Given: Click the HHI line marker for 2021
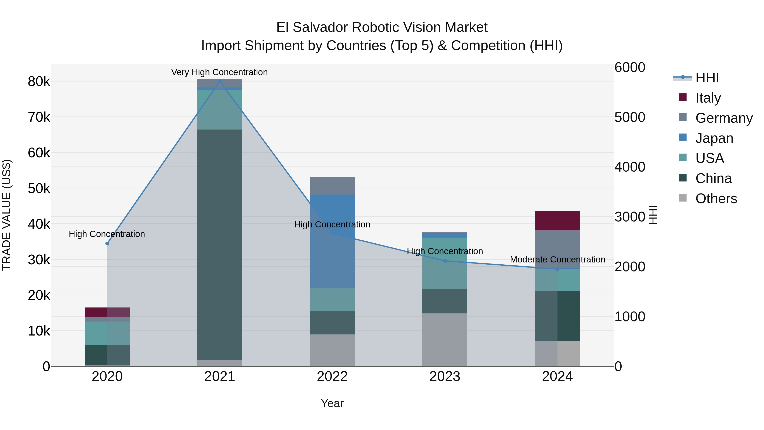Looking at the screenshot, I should pyautogui.click(x=220, y=81).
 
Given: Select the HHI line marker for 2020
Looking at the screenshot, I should pyautogui.click(x=107, y=243).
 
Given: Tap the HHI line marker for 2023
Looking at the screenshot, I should pyautogui.click(x=445, y=261).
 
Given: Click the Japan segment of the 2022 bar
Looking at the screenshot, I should pyautogui.click(x=332, y=241).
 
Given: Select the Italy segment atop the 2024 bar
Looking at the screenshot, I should pyautogui.click(x=557, y=221).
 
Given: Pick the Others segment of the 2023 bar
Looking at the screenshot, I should pyautogui.click(x=445, y=340).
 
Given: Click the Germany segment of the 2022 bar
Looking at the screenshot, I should pyautogui.click(x=332, y=186).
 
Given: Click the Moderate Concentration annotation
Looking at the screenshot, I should pyautogui.click(x=557, y=259).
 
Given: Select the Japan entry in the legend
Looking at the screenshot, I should pyautogui.click(x=714, y=138).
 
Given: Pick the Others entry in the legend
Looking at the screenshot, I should pyautogui.click(x=716, y=198).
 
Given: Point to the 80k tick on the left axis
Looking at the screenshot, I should pyautogui.click(x=39, y=82).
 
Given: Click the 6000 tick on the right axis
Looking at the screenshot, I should pyautogui.click(x=629, y=67).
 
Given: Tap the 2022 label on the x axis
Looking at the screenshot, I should pyautogui.click(x=332, y=376).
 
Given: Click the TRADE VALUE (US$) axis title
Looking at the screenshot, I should pyautogui.click(x=7, y=215).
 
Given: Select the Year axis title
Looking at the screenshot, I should pyautogui.click(x=332, y=403).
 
